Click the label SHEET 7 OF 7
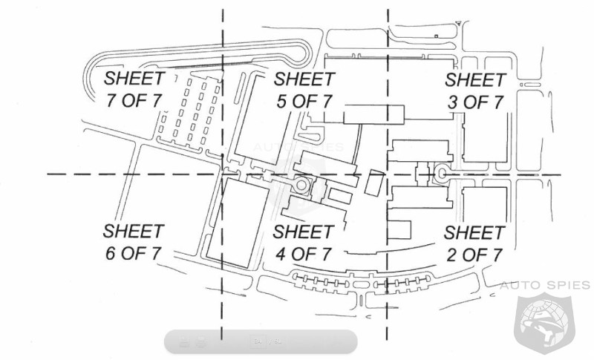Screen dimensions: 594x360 pos(134,89)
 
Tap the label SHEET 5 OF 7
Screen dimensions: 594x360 pos(304,90)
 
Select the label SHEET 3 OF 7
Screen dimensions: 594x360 pos(475,91)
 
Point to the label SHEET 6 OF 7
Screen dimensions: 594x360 pos(134,242)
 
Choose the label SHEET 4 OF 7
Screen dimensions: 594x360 pos(304,243)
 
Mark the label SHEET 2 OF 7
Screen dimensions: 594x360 pos(474,243)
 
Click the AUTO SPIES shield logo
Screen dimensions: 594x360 pos(544,322)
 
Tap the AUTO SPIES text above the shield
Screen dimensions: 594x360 pos(544,285)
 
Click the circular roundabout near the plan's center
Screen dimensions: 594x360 pos(301,185)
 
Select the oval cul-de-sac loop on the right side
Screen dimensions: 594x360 pos(442,174)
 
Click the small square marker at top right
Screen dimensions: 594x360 pos(437,36)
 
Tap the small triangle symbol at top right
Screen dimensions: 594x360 pos(459,24)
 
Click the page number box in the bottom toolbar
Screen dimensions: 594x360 pos(258,341)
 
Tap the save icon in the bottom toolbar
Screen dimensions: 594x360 pos(184,341)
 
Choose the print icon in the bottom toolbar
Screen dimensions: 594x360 pos(201,341)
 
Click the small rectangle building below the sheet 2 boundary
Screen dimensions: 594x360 pos(399,230)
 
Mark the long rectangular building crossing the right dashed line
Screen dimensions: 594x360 pos(374,115)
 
